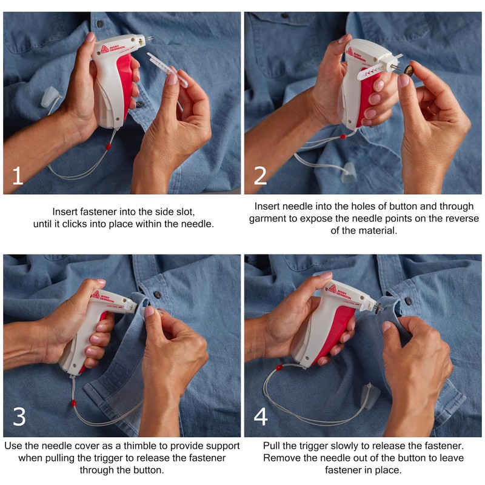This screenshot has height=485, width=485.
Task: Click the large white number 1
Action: click(18, 176)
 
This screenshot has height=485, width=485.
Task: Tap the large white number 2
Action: click(260, 176)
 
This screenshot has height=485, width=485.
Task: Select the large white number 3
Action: click(19, 416)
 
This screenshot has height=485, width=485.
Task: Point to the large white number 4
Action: click(261, 416)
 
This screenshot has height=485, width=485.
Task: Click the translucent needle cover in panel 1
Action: click(50, 97)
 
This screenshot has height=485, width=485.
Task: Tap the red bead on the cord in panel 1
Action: click(109, 146)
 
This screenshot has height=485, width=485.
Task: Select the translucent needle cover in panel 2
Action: click(349, 173)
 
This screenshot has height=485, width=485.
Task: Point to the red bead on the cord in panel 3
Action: click(73, 403)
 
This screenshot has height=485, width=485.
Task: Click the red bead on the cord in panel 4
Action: click(279, 367)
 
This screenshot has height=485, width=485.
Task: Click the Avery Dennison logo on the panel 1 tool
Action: click(104, 49)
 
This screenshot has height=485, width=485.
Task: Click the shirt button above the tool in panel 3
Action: click(158, 294)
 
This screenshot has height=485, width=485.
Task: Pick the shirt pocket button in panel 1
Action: click(100, 24)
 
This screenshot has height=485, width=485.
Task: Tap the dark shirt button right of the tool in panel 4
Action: click(408, 301)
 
